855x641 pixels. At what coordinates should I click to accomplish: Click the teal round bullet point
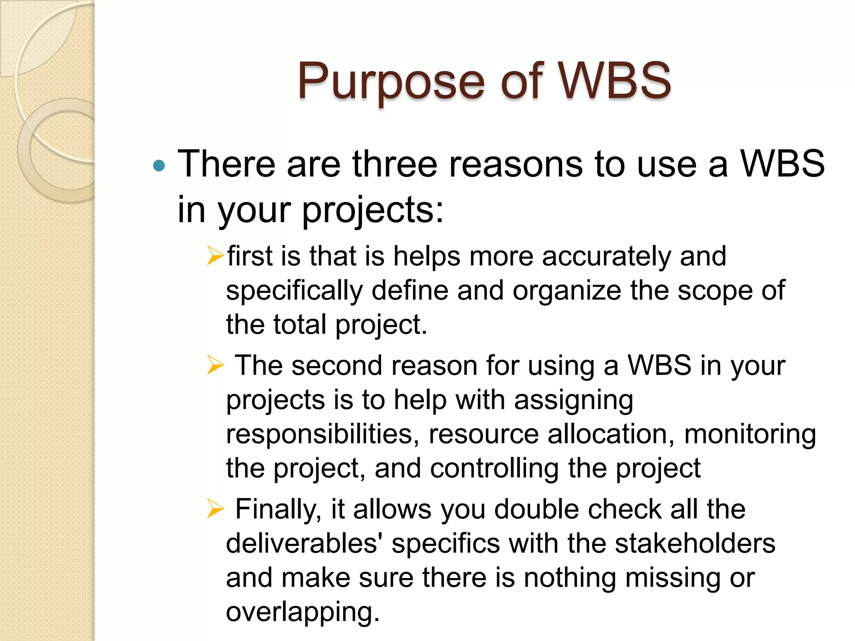(x=159, y=166)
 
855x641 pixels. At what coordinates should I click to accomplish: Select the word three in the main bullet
(x=395, y=164)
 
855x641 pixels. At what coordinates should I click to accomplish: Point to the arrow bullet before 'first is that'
(x=215, y=255)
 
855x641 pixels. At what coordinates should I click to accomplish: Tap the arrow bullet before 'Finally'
(x=215, y=509)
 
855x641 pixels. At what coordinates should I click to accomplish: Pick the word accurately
(x=606, y=256)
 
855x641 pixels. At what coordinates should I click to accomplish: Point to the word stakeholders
(x=695, y=544)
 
